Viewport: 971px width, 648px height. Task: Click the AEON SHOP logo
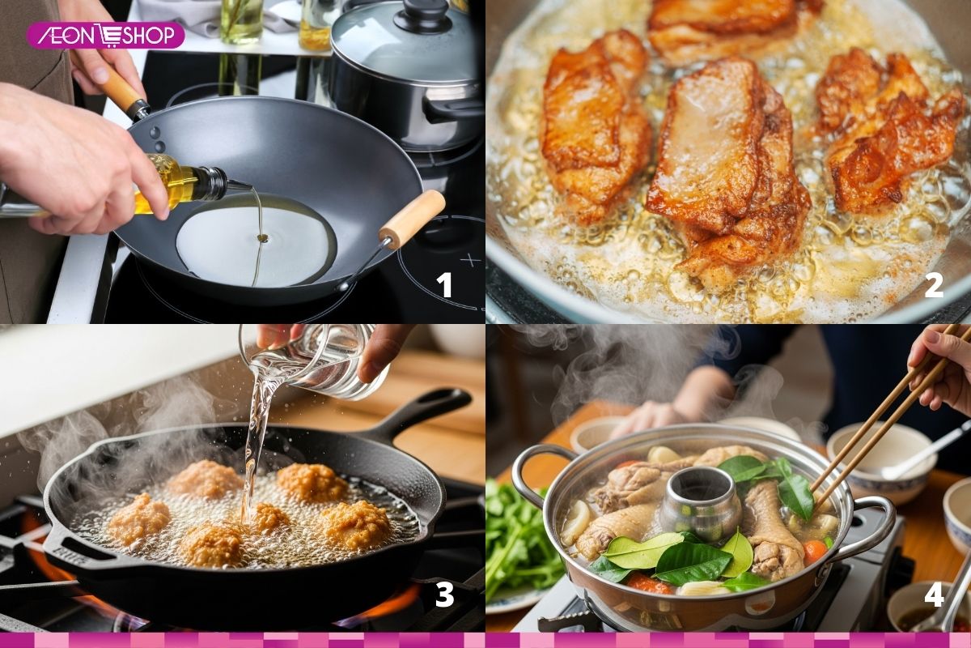pos(105,35)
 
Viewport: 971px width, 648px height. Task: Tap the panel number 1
pos(444,285)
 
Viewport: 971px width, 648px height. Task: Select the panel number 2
pos(934,285)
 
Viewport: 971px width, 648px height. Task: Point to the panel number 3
pos(444,595)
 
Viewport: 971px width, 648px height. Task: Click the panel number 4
pos(934,595)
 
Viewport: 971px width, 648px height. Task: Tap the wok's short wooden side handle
pos(413,218)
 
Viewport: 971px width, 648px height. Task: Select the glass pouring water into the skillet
pos(324,360)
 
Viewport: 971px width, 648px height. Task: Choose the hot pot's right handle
pos(874,526)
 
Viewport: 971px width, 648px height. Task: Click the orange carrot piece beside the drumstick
pos(814,552)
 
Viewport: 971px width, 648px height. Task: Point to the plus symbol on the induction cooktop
pos(467,261)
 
